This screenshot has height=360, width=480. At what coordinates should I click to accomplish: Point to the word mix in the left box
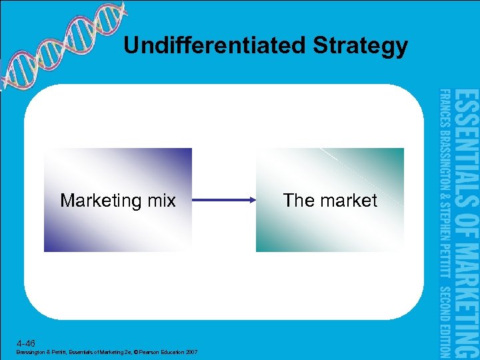[161, 201]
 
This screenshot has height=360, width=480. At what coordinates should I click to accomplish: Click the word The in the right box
[298, 201]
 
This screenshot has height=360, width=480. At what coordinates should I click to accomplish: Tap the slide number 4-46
[25, 343]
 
